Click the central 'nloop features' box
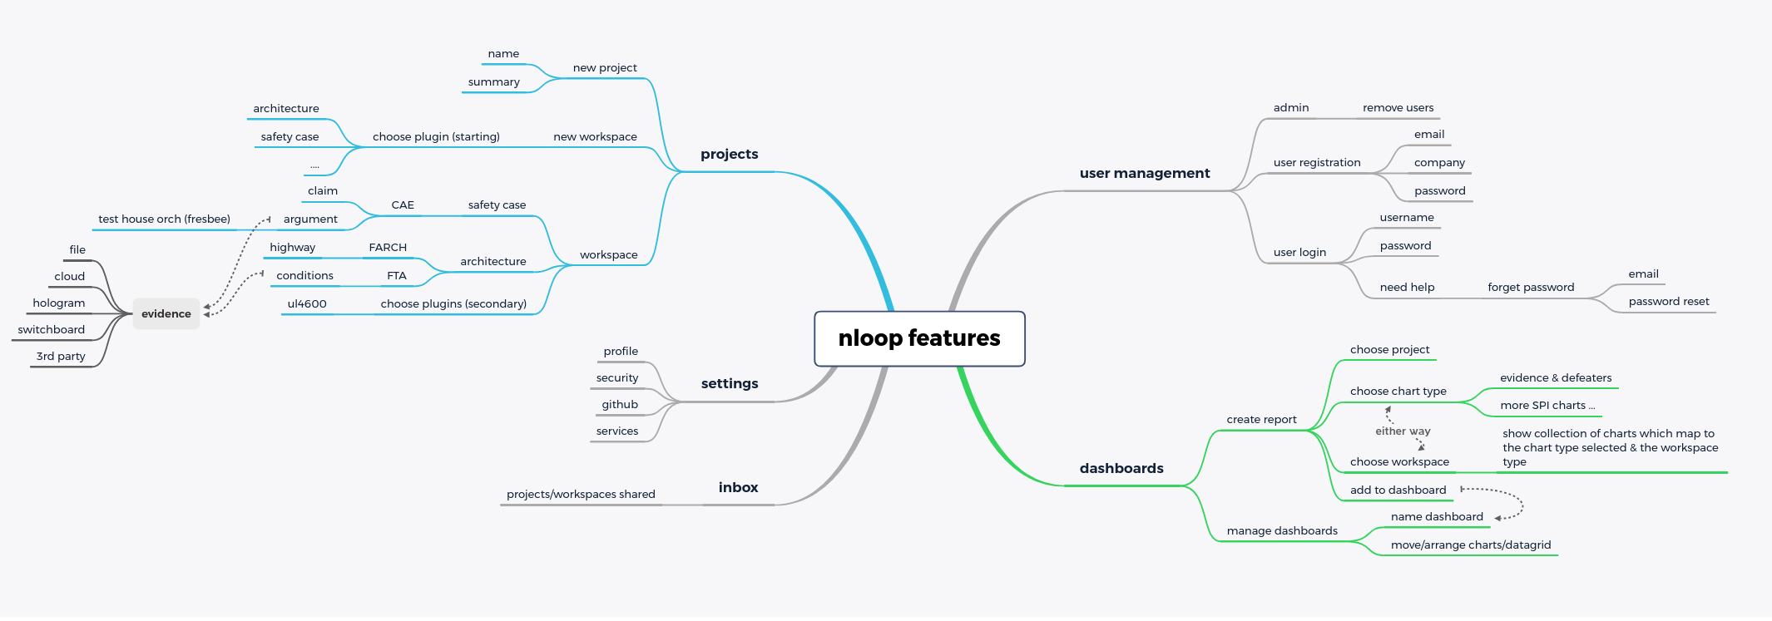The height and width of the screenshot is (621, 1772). click(x=919, y=338)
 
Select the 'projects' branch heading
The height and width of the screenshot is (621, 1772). click(x=730, y=155)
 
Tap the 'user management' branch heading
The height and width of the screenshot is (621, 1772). click(x=1145, y=174)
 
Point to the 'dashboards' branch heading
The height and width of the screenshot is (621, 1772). click(x=1121, y=469)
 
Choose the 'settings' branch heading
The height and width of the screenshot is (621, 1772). click(x=730, y=384)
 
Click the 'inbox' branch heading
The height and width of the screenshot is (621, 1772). click(x=739, y=488)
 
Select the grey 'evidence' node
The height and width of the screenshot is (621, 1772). click(x=166, y=314)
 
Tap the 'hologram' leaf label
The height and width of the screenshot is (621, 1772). click(x=59, y=303)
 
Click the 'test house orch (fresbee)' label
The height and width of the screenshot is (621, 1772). click(x=165, y=219)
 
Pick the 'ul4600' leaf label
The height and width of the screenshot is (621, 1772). click(x=307, y=304)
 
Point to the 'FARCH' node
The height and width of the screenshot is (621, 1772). click(x=388, y=248)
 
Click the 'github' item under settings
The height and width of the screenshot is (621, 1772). click(x=620, y=405)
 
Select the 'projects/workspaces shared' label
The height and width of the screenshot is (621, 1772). click(x=581, y=495)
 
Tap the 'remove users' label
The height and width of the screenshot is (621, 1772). click(x=1398, y=108)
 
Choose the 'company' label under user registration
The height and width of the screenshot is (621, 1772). click(x=1439, y=163)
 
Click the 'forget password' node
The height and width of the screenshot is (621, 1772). click(x=1531, y=288)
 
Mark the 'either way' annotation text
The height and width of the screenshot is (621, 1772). click(x=1403, y=431)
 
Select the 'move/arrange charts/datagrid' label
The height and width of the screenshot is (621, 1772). click(x=1471, y=545)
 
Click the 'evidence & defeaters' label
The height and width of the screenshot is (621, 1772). click(x=1556, y=378)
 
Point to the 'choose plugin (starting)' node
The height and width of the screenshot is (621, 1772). click(x=436, y=137)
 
